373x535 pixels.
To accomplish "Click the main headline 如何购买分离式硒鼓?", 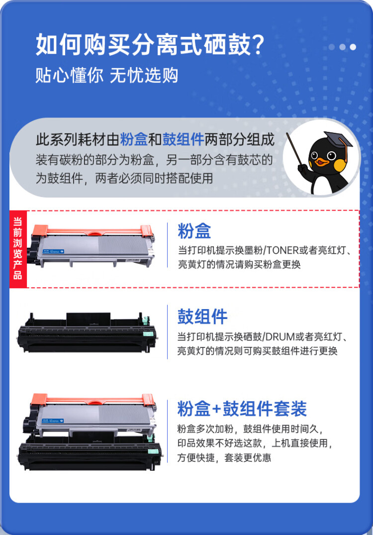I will [x=149, y=45].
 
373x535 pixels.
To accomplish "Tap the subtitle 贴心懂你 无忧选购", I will [x=106, y=76].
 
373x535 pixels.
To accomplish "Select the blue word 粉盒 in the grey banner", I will [x=134, y=140].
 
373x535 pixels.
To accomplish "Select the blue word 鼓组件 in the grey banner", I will [x=184, y=140].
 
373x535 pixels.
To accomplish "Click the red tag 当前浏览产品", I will [x=17, y=249].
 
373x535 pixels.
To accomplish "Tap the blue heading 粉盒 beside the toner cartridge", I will [x=194, y=231].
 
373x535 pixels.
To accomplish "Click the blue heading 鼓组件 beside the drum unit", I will [x=202, y=317].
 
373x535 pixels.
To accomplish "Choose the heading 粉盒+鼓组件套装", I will [x=242, y=409].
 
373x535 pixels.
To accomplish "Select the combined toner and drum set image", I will [x=90, y=430].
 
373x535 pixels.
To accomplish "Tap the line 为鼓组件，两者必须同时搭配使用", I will [x=124, y=178].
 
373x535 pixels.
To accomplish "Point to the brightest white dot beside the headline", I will [x=353, y=47].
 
